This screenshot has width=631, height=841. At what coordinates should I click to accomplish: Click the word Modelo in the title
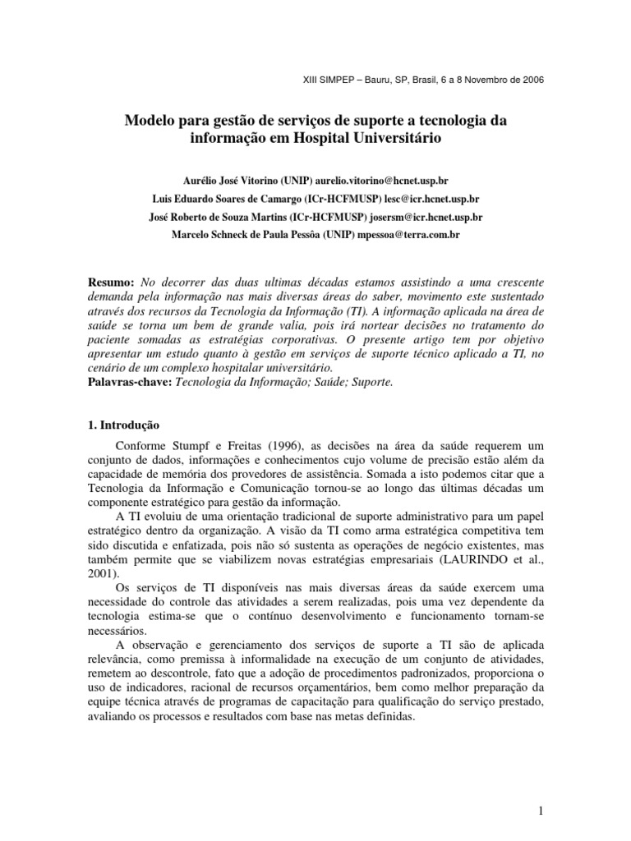(x=150, y=122)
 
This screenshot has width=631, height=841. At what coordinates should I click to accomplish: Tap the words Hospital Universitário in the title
(x=378, y=139)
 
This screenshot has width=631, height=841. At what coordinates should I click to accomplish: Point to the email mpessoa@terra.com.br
(x=404, y=237)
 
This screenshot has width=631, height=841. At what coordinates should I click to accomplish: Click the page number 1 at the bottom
(x=541, y=788)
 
